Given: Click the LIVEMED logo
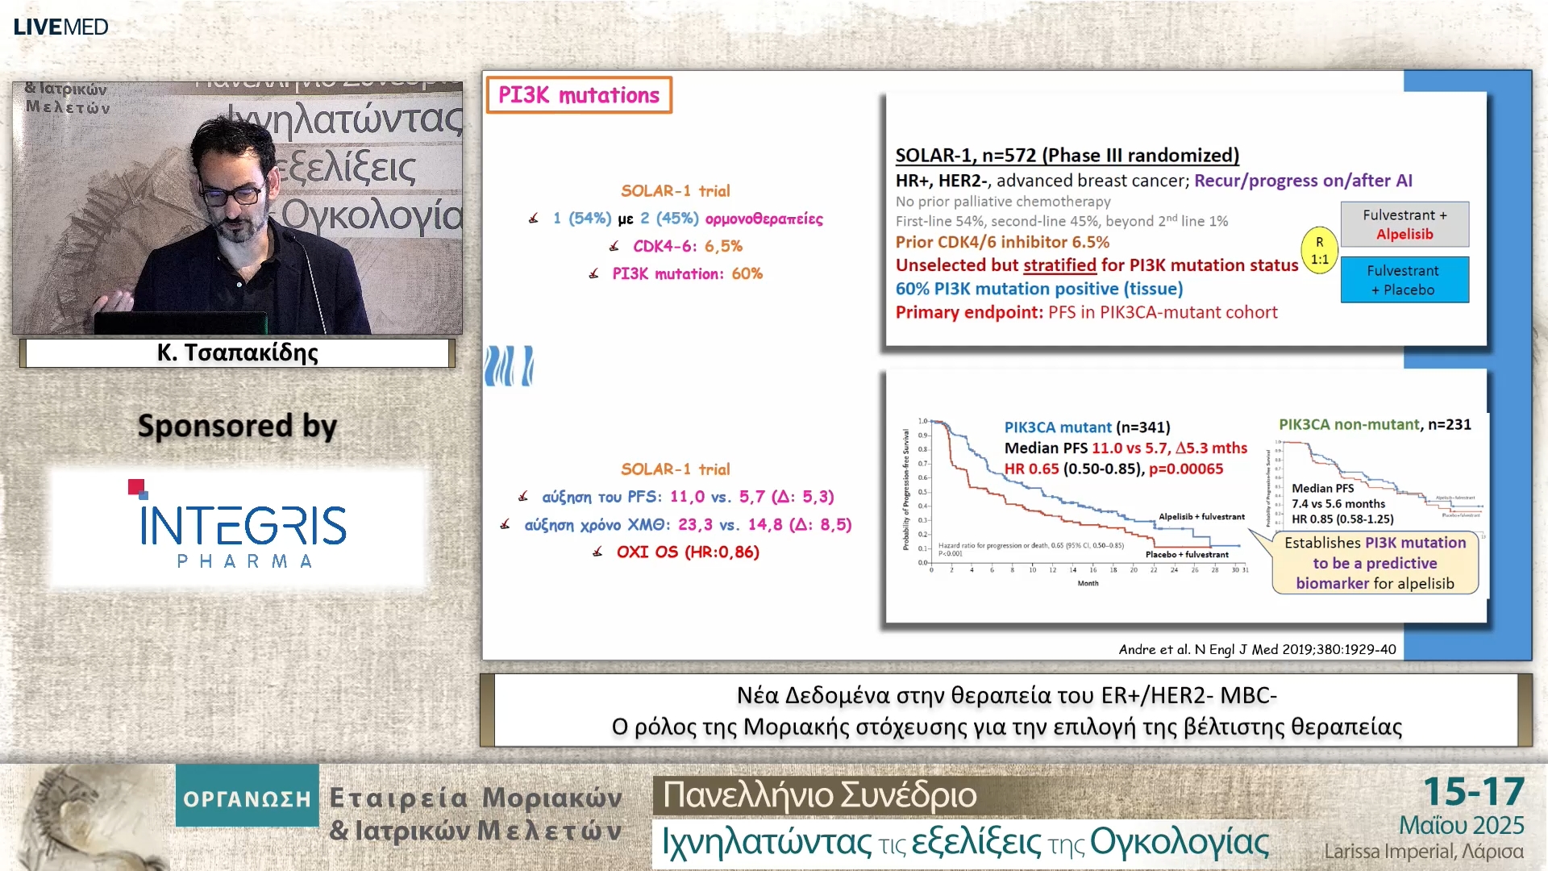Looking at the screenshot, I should tap(60, 27).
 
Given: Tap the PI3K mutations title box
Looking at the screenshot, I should tap(579, 95).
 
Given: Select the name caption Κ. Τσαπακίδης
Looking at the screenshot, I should tap(237, 352).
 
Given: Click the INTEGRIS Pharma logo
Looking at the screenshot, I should tap(239, 527).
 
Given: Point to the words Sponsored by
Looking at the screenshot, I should tap(237, 426).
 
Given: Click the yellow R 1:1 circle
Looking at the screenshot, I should tap(1319, 250).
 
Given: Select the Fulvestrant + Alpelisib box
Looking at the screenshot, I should tap(1404, 224).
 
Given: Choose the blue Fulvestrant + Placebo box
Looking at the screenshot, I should tap(1404, 280).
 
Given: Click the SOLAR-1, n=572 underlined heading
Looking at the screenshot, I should tap(1067, 155).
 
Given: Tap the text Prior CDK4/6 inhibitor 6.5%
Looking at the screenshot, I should tap(1002, 242).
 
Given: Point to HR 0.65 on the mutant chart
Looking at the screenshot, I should tap(1032, 469).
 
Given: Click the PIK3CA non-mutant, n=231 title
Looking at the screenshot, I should tap(1375, 424).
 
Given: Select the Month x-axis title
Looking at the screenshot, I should tap(1088, 583).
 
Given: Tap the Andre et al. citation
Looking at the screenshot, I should tap(1257, 649).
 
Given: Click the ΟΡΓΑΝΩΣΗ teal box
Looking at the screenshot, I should tap(247, 798).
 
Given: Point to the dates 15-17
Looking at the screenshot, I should tap(1473, 791).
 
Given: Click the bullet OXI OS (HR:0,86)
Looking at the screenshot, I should tap(687, 552).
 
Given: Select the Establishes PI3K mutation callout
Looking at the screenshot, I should tap(1375, 563).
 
